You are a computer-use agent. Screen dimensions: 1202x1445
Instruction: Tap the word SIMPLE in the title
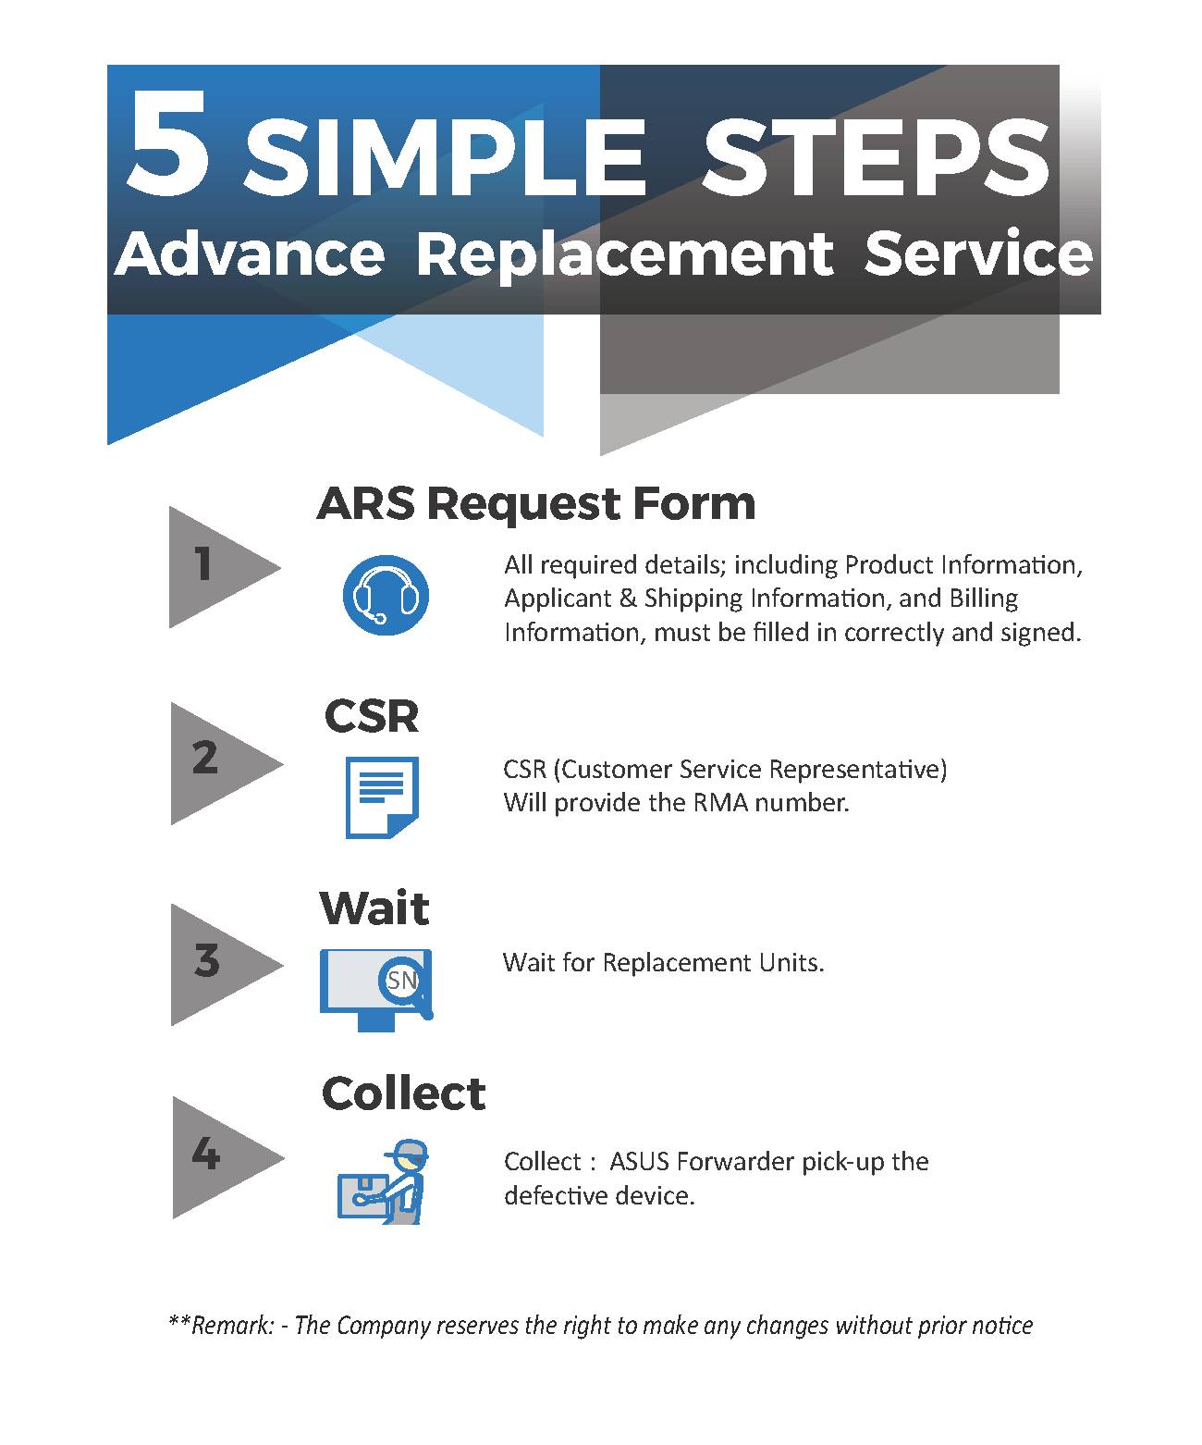(x=445, y=158)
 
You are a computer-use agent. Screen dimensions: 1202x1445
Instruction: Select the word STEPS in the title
(x=876, y=158)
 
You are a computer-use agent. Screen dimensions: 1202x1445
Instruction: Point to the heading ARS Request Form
(x=536, y=503)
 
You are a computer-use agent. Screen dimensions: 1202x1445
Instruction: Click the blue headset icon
(x=386, y=595)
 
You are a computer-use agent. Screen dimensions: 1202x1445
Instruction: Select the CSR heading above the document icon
(x=372, y=716)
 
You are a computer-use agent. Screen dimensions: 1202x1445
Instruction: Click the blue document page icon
(x=382, y=797)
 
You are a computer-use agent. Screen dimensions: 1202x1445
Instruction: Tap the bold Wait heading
(x=374, y=908)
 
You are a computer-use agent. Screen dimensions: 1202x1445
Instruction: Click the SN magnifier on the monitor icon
(x=404, y=982)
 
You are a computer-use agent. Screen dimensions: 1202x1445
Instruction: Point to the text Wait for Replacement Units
(x=663, y=963)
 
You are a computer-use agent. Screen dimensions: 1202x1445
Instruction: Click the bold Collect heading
(x=403, y=1093)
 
